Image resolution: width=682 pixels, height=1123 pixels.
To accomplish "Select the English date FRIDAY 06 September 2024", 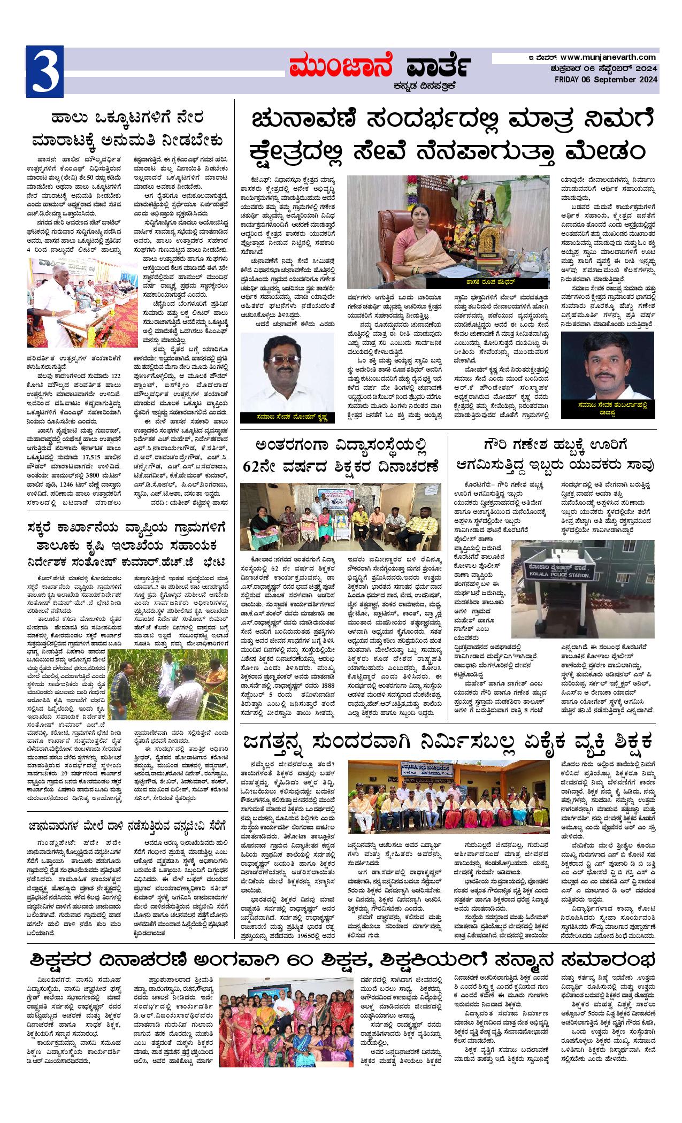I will pos(606,80).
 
